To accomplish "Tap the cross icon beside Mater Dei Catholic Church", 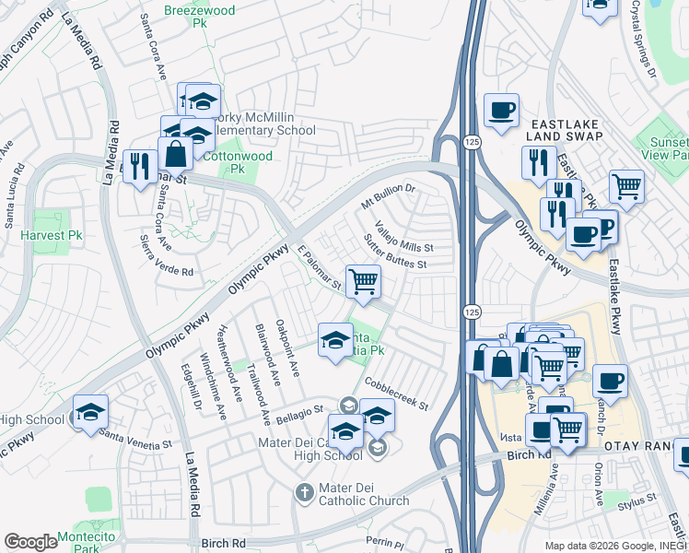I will [x=305, y=494].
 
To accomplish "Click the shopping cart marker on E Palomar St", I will [x=363, y=281].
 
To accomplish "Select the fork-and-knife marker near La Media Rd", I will [x=139, y=167].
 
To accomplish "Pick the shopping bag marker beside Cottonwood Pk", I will [x=175, y=155].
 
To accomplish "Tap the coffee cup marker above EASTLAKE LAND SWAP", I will [x=501, y=112].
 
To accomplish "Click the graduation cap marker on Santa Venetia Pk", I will [x=335, y=340].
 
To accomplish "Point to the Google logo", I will [x=30, y=542].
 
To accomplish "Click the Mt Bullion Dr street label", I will [x=389, y=195].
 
